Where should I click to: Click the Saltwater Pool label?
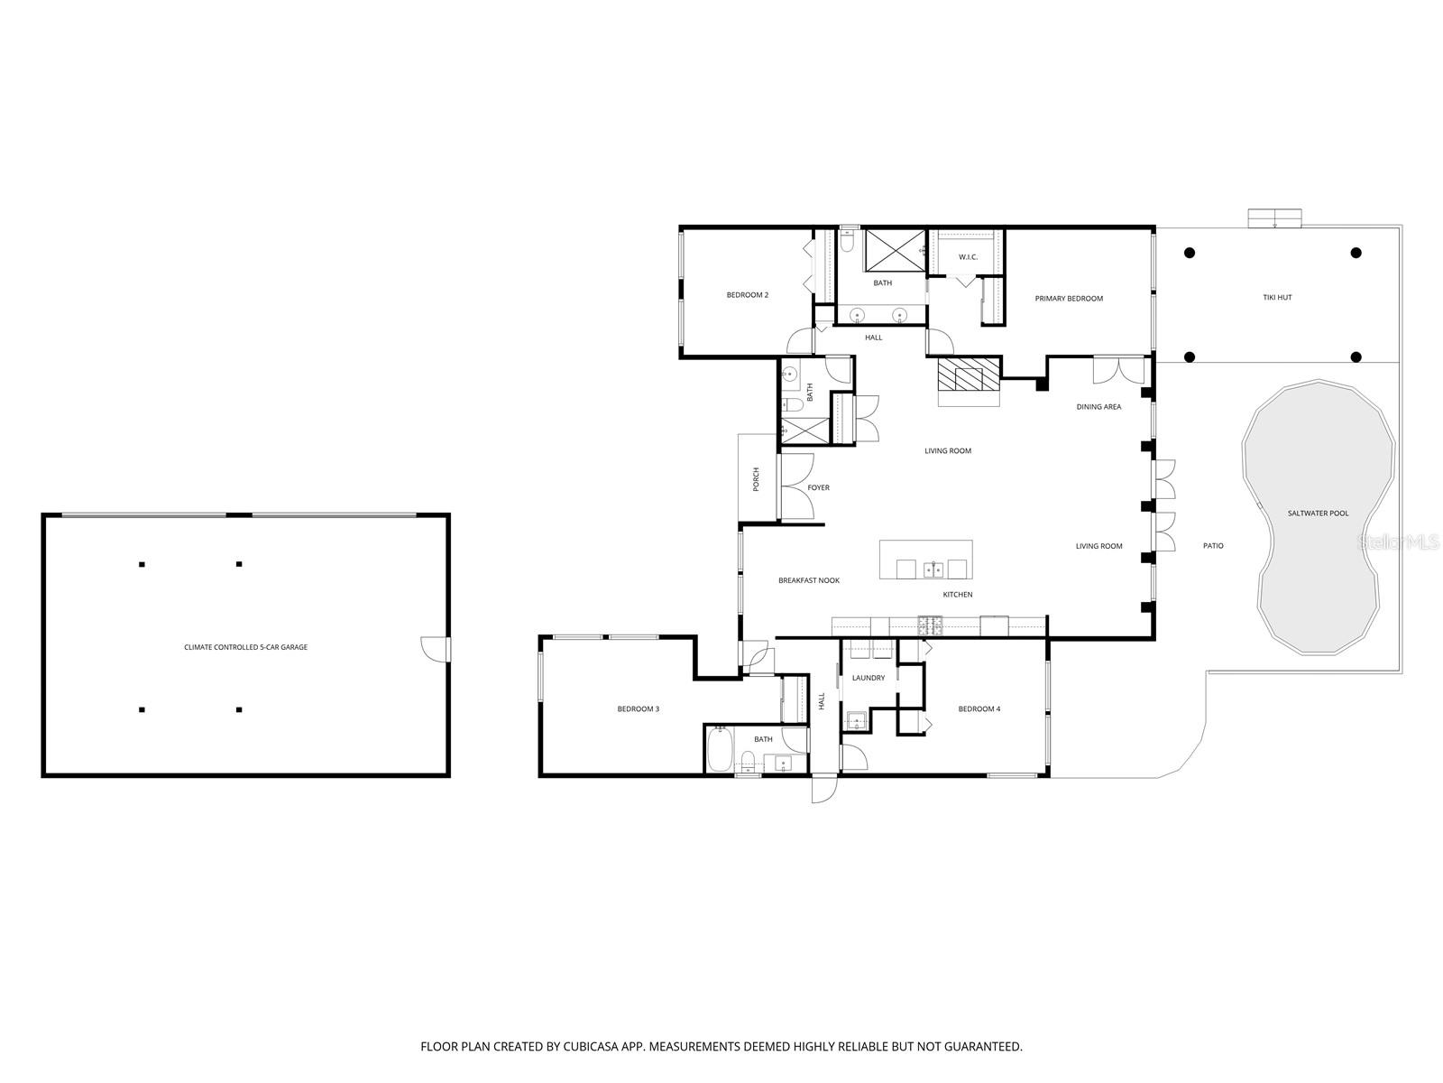(x=1318, y=514)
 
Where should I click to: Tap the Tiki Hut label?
(x=1277, y=297)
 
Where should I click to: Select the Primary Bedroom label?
(x=1069, y=299)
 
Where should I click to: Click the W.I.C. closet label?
(x=968, y=257)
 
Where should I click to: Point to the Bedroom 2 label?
(x=748, y=295)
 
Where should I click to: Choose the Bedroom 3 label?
(x=638, y=709)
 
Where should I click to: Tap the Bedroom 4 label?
(x=979, y=709)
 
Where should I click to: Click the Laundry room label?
(x=868, y=678)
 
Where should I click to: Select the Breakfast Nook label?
(x=809, y=580)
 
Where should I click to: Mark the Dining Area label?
(x=1098, y=407)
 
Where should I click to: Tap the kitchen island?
(x=926, y=560)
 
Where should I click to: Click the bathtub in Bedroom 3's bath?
(x=719, y=751)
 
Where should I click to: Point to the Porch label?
(x=757, y=479)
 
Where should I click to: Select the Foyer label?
(x=818, y=488)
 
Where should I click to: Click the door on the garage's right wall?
(x=437, y=649)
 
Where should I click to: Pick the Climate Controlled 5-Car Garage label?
(x=245, y=647)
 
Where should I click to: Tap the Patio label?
(x=1213, y=546)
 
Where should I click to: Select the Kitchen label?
(x=957, y=595)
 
